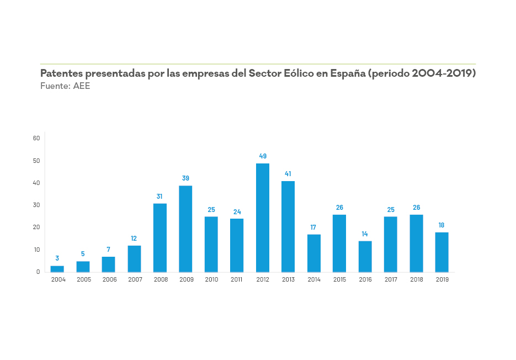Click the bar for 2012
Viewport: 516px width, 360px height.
click(x=263, y=218)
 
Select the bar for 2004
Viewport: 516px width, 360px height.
click(x=57, y=269)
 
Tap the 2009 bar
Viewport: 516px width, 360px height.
click(x=185, y=229)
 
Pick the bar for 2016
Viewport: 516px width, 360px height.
click(x=365, y=257)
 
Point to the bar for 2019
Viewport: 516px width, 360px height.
click(x=441, y=252)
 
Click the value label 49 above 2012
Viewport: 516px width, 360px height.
click(x=263, y=156)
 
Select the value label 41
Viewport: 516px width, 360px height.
click(x=288, y=174)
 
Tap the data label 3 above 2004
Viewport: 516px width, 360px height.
click(x=57, y=258)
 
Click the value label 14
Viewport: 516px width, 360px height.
click(x=365, y=234)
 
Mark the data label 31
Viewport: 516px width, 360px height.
click(x=160, y=196)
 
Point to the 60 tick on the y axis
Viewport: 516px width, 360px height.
click(x=37, y=138)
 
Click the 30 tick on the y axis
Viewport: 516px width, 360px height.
click(x=37, y=205)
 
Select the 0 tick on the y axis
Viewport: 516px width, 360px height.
click(x=39, y=272)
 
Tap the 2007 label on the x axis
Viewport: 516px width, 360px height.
click(x=135, y=280)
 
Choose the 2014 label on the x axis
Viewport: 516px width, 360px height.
click(x=314, y=280)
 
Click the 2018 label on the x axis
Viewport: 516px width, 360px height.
click(x=416, y=280)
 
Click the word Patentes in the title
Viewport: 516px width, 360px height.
click(x=61, y=73)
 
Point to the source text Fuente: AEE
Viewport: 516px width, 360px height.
click(x=65, y=86)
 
